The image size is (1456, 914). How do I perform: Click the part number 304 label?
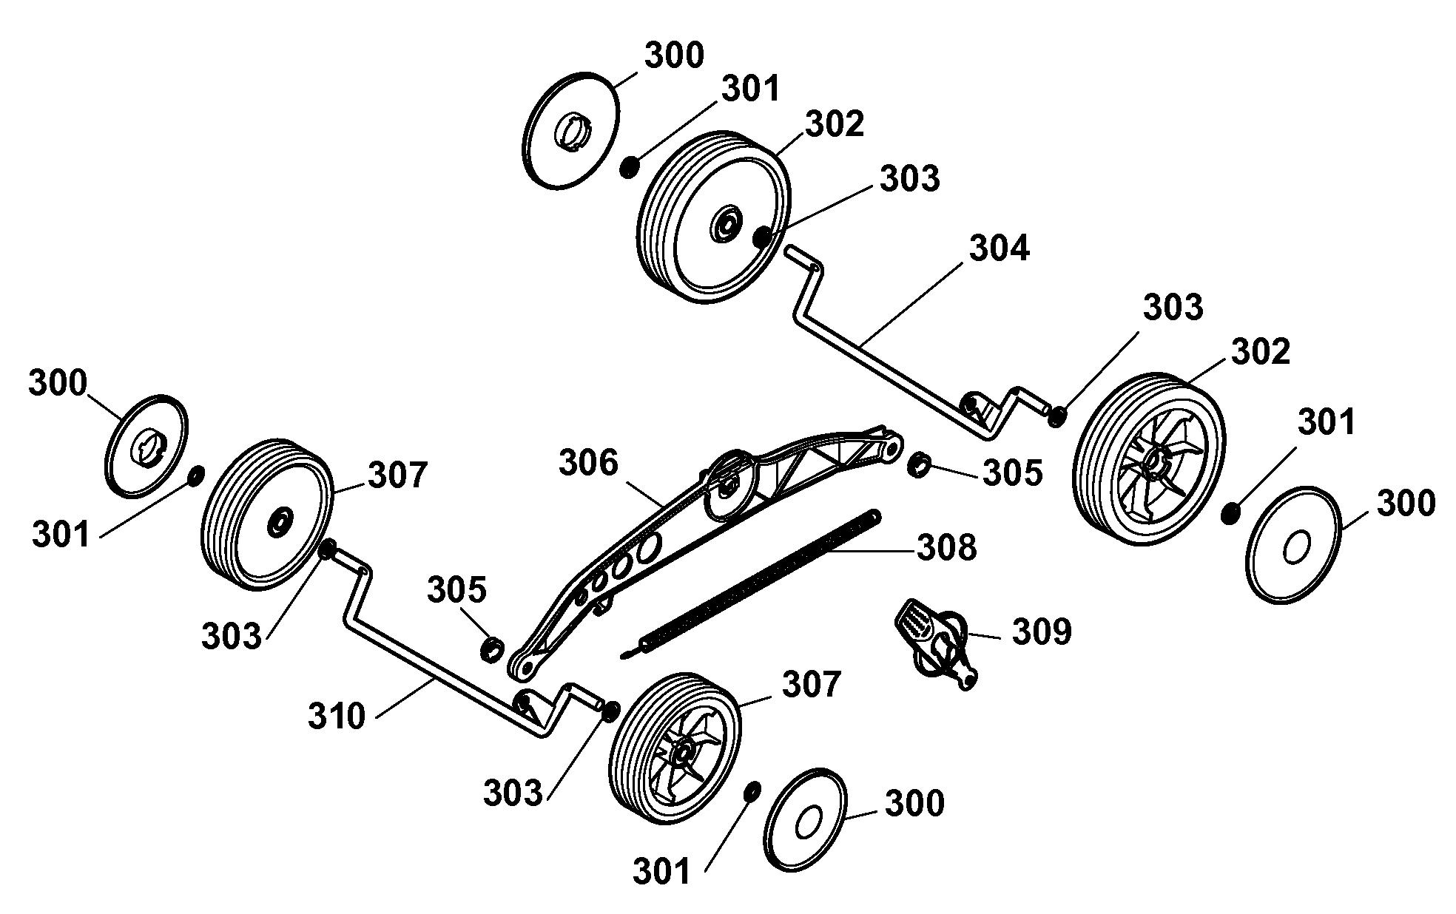pos(999,248)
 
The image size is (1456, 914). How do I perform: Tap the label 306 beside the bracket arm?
pos(588,463)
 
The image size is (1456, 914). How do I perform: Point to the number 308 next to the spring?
pos(947,548)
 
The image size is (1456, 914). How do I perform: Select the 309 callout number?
pos(1041,632)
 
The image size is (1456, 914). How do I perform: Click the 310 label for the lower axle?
pos(337,717)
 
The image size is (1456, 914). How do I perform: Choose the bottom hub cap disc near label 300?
pos(804,819)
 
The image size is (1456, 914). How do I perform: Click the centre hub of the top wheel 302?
pos(726,223)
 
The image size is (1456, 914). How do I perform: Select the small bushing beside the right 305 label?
pos(920,465)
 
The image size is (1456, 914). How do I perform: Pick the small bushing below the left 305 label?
pos(492,649)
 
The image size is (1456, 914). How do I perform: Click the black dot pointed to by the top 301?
pos(629,167)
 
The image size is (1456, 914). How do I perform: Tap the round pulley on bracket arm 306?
pos(730,484)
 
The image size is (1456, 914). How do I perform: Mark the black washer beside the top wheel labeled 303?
pos(763,237)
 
